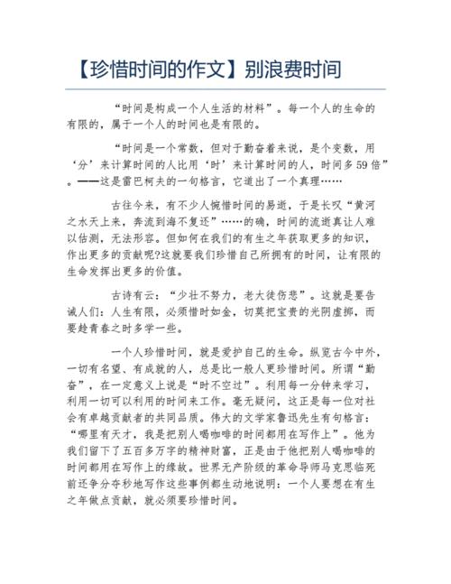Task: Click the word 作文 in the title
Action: [x=214, y=68]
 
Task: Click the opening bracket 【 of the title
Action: [x=78, y=68]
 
